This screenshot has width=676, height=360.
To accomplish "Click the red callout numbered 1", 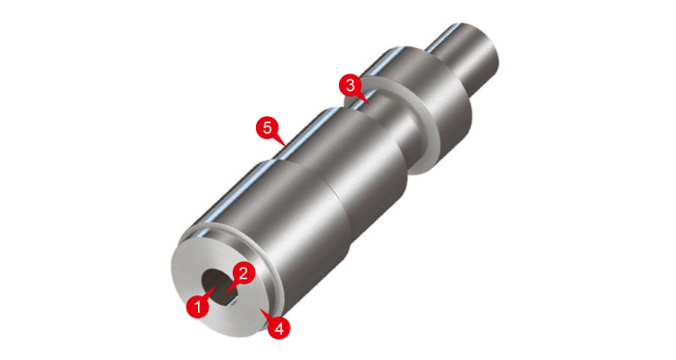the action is (198, 307).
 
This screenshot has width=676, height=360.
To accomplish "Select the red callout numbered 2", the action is (243, 273).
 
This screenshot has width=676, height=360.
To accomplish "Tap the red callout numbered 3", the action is (351, 85).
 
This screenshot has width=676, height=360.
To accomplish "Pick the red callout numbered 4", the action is (279, 328).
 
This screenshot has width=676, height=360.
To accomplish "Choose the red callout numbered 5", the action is (268, 128).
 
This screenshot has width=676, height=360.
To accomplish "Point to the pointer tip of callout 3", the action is (370, 104).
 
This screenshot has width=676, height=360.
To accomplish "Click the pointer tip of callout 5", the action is (286, 147).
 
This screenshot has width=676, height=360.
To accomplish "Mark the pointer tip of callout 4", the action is (261, 308).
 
